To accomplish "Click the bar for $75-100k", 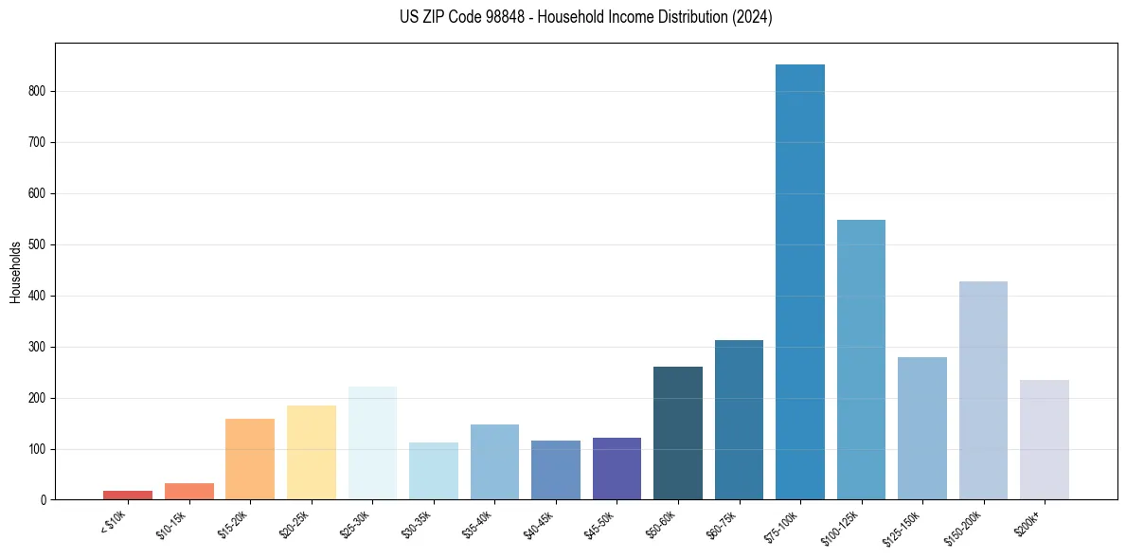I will pos(800,281).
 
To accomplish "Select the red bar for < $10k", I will pos(128,495).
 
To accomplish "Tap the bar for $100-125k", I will pos(861,359).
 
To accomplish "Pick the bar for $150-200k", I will pos(983,389).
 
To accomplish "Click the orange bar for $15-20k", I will pos(250,459).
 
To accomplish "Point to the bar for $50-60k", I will pos(678,432).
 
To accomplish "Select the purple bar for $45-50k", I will pos(617,468).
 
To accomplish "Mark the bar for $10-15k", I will pos(189,491).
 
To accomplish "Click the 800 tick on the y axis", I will pos(38,92).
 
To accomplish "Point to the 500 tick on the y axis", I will pos(38,244).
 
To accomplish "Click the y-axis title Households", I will pos(15,272).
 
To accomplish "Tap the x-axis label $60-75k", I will pos(722,522).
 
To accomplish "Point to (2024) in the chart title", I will pos(750,17).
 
